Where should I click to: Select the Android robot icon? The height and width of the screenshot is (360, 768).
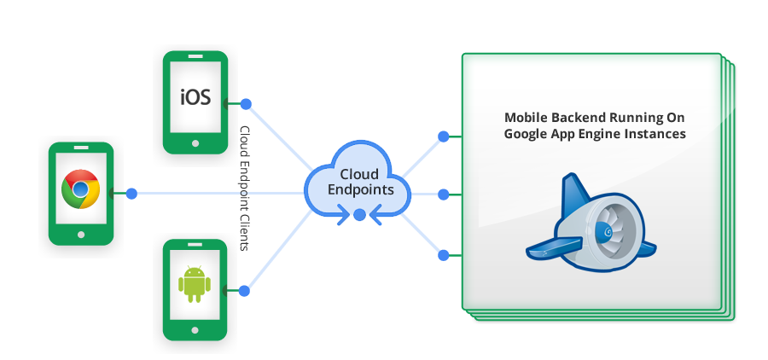[x=195, y=283]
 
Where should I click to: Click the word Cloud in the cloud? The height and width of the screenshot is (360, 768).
[x=359, y=174]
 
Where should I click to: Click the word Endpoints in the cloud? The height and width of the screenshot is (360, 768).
[x=359, y=190]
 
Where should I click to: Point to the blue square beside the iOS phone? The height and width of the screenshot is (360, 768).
[x=245, y=104]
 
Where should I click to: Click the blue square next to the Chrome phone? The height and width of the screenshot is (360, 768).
[x=131, y=194]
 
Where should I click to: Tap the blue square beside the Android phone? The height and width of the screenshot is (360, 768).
[x=244, y=291]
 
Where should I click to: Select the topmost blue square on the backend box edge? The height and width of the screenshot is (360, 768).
[x=443, y=136]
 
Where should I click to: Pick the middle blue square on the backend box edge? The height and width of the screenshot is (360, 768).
[x=443, y=195]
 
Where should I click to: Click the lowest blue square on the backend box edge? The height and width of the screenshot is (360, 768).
[x=443, y=254]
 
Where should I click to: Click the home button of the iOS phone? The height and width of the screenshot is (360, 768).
[x=196, y=143]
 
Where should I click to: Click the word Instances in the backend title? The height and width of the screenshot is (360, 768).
[x=656, y=134]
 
